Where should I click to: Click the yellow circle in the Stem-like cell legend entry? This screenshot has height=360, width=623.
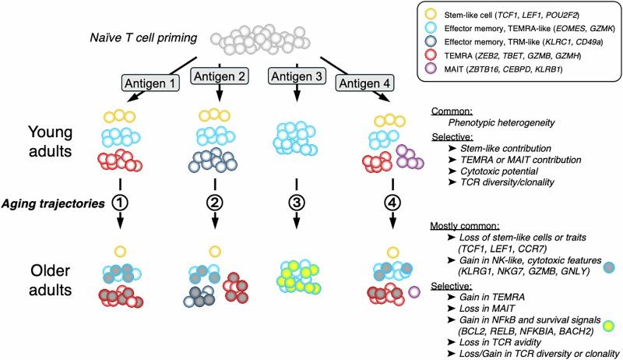click(x=429, y=15)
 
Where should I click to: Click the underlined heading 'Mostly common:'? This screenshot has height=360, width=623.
click(x=461, y=225)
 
